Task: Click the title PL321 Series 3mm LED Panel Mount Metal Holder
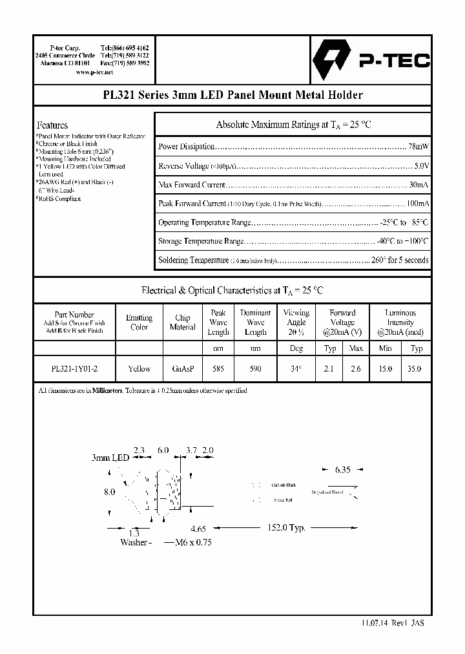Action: click(x=232, y=95)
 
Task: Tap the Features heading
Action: click(x=52, y=125)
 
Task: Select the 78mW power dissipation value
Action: click(x=418, y=147)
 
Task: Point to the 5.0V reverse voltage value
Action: click(x=421, y=166)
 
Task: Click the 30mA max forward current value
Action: click(x=418, y=185)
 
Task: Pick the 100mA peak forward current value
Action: click(x=417, y=204)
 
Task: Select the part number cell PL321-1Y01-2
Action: click(x=74, y=368)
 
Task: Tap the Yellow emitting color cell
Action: click(x=139, y=368)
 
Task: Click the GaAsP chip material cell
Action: click(x=182, y=368)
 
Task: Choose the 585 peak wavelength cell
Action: click(x=218, y=368)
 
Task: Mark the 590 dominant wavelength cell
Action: click(x=255, y=368)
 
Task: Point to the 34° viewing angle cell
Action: click(x=296, y=368)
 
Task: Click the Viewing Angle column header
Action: click(x=296, y=322)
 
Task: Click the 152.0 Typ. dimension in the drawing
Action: click(x=287, y=527)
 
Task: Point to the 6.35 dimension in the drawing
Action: click(x=342, y=470)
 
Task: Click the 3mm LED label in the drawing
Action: click(x=110, y=457)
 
